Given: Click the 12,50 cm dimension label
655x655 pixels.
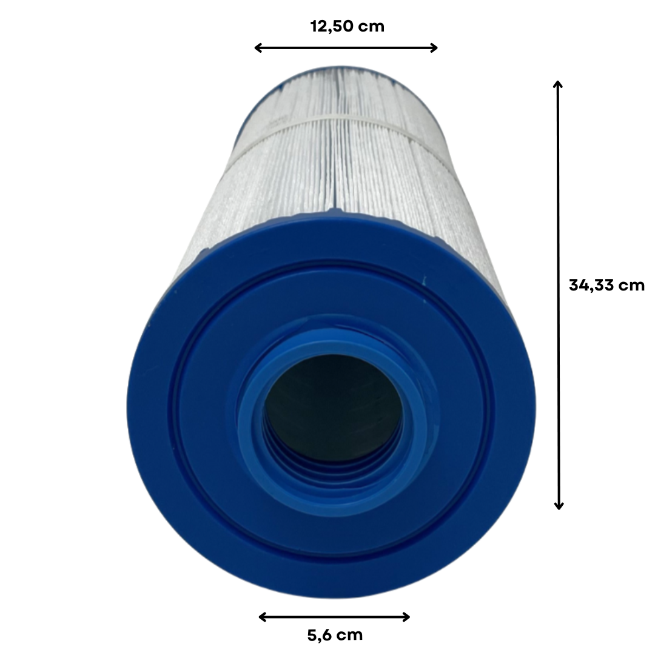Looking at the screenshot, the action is point(347,26).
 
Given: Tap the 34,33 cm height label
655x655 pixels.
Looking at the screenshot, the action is point(606,285).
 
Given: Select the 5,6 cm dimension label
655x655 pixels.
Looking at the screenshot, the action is point(335,636).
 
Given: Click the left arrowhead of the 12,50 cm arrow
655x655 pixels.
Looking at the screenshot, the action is point(258,48).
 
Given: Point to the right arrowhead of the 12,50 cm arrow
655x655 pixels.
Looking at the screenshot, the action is point(434,48).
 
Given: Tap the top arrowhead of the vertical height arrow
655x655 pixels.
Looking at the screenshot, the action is point(558,84).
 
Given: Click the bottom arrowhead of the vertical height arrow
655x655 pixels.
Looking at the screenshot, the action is point(559,506).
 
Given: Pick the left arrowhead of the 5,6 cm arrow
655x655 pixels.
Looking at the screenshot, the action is point(263,617).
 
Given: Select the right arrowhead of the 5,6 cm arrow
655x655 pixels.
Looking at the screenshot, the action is point(406,617).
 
